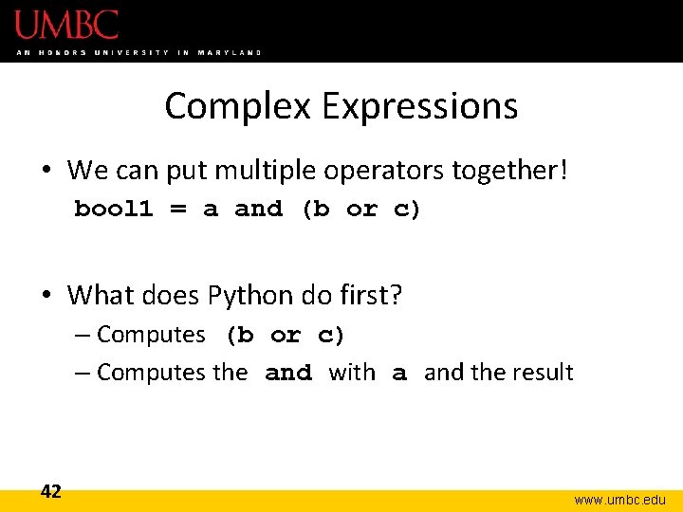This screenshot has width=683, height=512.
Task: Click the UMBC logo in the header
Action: (66, 24)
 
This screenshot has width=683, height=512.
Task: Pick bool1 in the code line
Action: (113, 210)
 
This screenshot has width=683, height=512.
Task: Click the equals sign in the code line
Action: (177, 210)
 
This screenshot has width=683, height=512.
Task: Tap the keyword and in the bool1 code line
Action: (258, 210)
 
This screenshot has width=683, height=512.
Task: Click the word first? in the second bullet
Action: (370, 295)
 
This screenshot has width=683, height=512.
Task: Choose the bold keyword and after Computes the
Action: (288, 374)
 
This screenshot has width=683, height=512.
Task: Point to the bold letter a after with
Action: (399, 374)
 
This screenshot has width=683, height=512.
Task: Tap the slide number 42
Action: (51, 491)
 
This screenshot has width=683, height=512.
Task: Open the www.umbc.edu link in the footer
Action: (618, 499)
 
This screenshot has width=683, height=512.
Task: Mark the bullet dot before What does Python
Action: (46, 296)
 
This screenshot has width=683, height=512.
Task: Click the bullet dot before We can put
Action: (46, 172)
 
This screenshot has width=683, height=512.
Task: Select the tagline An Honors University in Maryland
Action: (138, 52)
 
